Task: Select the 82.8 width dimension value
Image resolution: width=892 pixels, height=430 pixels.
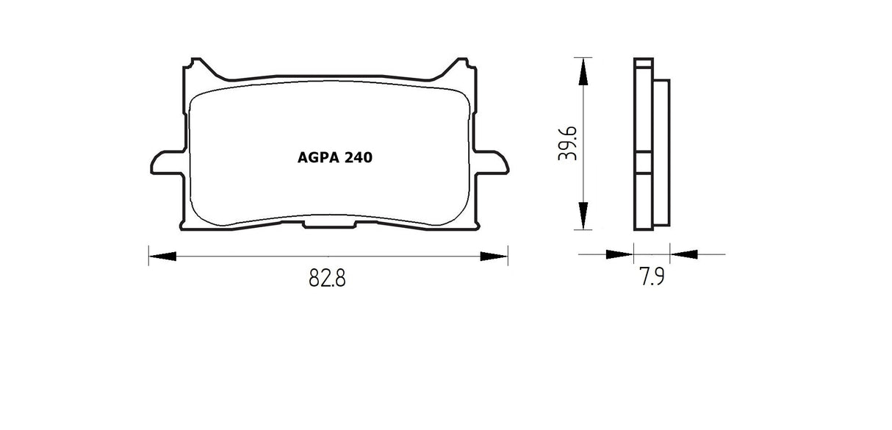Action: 327,279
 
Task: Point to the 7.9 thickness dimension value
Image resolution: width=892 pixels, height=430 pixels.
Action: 651,278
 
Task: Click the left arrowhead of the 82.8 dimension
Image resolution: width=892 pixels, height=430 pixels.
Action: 163,257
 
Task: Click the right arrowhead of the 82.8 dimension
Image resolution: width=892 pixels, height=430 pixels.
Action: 494,257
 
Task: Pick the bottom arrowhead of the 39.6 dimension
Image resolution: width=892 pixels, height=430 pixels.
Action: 583,215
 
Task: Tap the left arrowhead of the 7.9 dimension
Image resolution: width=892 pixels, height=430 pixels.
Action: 619,254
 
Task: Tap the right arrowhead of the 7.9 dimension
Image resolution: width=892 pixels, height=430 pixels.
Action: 685,254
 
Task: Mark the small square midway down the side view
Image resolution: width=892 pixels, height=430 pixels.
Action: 642,162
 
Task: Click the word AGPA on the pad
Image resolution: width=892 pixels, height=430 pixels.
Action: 314,157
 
